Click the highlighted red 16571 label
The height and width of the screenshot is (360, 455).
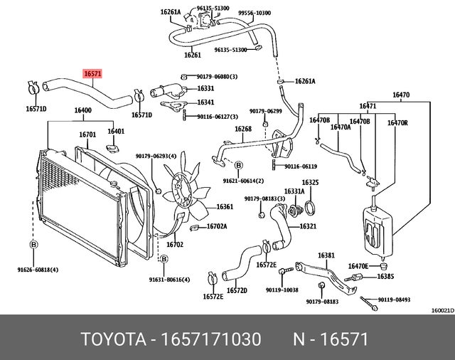93,73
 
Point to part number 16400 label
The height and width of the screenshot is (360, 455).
82,110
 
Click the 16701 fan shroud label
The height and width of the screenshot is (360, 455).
87,134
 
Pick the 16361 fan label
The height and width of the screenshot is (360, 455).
225,207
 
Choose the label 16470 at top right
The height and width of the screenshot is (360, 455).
401,95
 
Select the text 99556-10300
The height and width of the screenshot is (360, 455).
255,13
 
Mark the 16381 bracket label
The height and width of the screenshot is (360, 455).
326,255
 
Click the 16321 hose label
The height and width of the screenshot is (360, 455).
308,226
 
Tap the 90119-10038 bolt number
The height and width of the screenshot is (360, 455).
282,290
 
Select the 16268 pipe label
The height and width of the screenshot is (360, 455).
244,129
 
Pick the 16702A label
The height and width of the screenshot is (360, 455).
216,226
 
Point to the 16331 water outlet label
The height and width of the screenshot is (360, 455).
205,88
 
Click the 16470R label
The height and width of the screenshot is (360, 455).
397,123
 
